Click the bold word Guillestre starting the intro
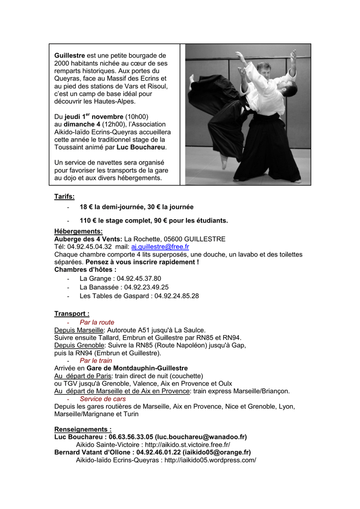coord(70,56)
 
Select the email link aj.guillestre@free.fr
coord(160,247)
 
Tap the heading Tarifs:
coord(64,197)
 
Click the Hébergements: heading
coord(79,231)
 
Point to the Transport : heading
coord(72,314)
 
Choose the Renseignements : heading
coord(83,429)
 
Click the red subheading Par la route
coord(96,322)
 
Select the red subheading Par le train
coord(95,360)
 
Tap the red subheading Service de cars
coord(102,399)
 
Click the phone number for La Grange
coord(139,278)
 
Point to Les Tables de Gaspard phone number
coord(177,296)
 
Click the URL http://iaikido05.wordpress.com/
coord(210,460)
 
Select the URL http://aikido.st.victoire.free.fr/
coord(187,444)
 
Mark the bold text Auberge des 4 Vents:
coord(88,239)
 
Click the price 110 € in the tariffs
coord(89,220)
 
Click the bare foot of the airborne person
coord(224,162)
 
